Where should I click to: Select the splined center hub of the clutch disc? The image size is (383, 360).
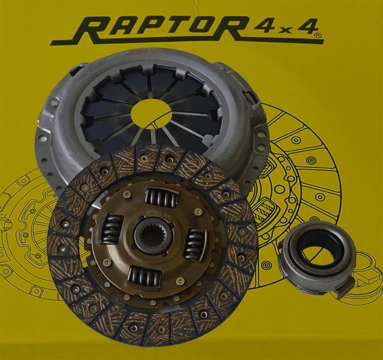(x=153, y=235)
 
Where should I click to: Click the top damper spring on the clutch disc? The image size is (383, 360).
(x=162, y=196)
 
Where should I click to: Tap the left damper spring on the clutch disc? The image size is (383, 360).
(x=111, y=228)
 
